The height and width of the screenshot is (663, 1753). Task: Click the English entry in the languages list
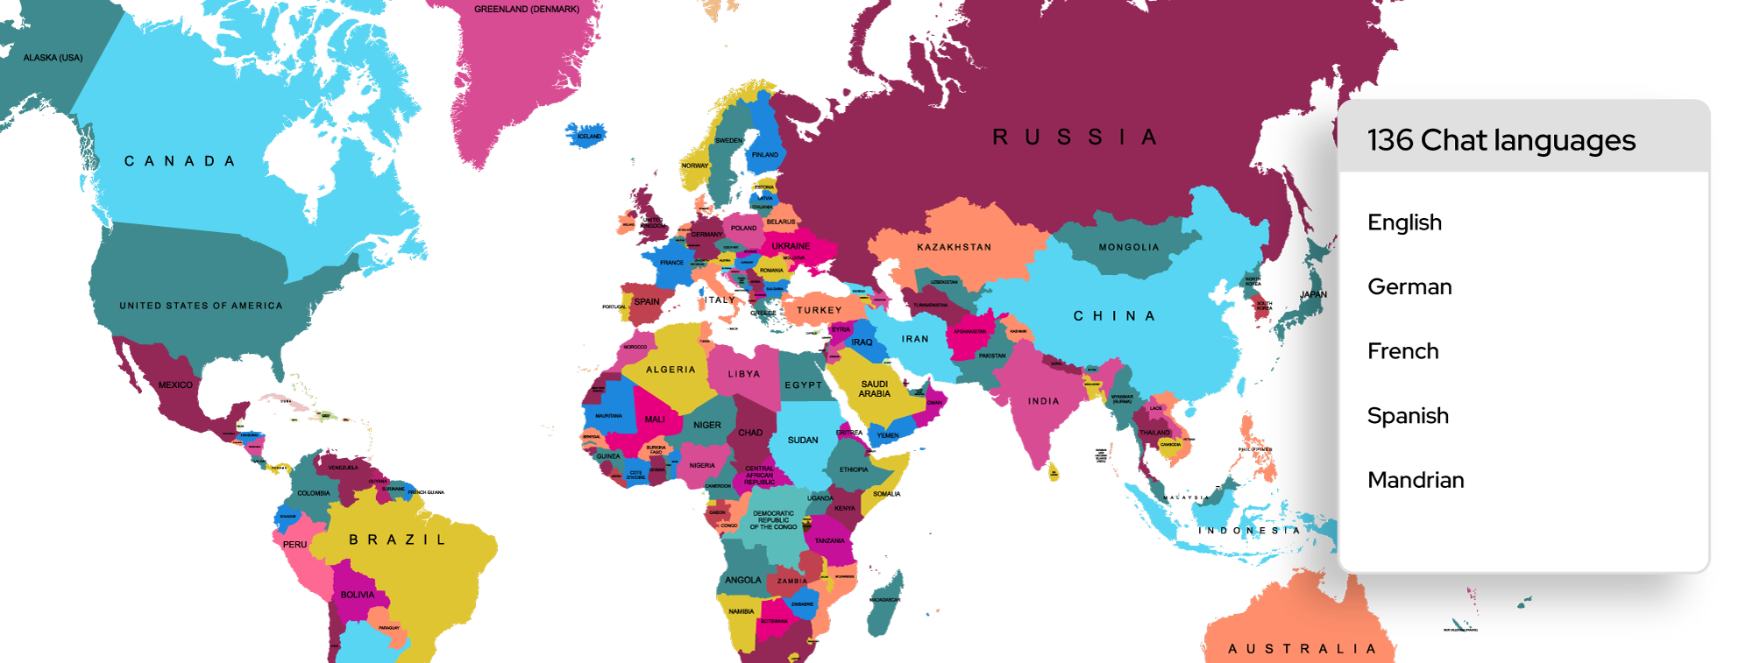(1404, 222)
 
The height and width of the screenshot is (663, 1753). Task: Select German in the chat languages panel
(1409, 287)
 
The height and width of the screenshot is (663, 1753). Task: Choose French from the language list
(1402, 351)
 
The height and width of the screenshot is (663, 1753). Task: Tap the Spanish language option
(1408, 416)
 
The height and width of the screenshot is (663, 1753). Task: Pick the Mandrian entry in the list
(1416, 480)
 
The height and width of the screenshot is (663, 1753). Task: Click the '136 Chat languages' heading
(1501, 140)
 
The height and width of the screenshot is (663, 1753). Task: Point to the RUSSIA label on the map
(1075, 138)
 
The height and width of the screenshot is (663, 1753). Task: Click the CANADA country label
(180, 161)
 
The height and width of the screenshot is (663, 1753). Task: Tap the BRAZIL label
(398, 540)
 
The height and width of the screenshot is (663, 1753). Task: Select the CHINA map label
(1114, 316)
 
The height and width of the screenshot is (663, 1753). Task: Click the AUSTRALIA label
(1302, 649)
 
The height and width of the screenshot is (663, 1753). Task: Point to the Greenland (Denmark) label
(527, 10)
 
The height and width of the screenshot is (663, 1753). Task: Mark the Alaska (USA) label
(53, 58)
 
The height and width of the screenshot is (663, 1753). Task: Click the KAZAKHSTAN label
(954, 248)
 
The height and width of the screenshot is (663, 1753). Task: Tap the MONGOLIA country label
(1129, 248)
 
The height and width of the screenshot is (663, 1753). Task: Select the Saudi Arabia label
(874, 389)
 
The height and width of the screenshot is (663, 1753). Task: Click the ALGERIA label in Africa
(671, 370)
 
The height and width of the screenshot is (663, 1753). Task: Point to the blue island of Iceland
(587, 136)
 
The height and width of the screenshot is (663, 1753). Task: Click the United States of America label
(201, 306)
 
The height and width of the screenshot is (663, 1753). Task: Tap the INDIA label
(1043, 401)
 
